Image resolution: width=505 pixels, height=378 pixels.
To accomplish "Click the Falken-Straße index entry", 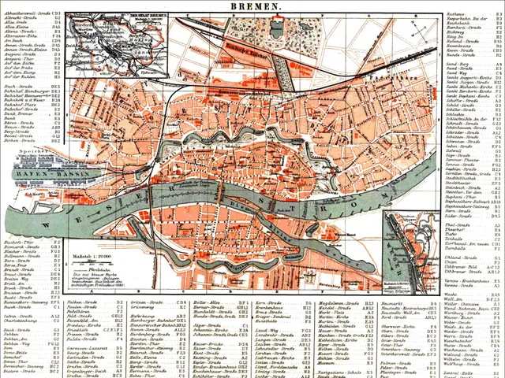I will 82,302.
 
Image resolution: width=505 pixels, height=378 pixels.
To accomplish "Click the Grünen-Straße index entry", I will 146,302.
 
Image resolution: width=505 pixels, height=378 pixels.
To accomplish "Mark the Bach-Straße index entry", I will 17,84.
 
